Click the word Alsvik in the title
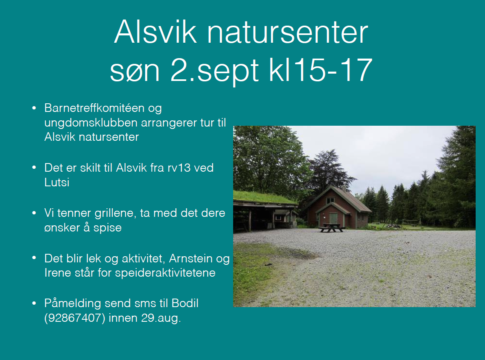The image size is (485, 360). pyautogui.click(x=155, y=32)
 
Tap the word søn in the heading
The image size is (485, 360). pyautogui.click(x=135, y=70)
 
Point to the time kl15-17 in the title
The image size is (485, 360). pyautogui.click(x=321, y=70)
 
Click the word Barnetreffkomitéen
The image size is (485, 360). pyautogui.click(x=94, y=108)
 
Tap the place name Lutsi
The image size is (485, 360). pyautogui.click(x=57, y=182)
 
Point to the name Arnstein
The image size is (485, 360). pyautogui.click(x=190, y=258)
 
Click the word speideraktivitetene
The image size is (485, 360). pyautogui.click(x=165, y=273)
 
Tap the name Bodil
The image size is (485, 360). pyautogui.click(x=185, y=303)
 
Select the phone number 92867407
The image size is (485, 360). pyautogui.click(x=75, y=318)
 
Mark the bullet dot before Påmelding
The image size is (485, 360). pyautogui.click(x=34, y=303)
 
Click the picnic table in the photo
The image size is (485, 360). pyautogui.click(x=331, y=228)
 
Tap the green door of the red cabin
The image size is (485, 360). pyautogui.click(x=333, y=219)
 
